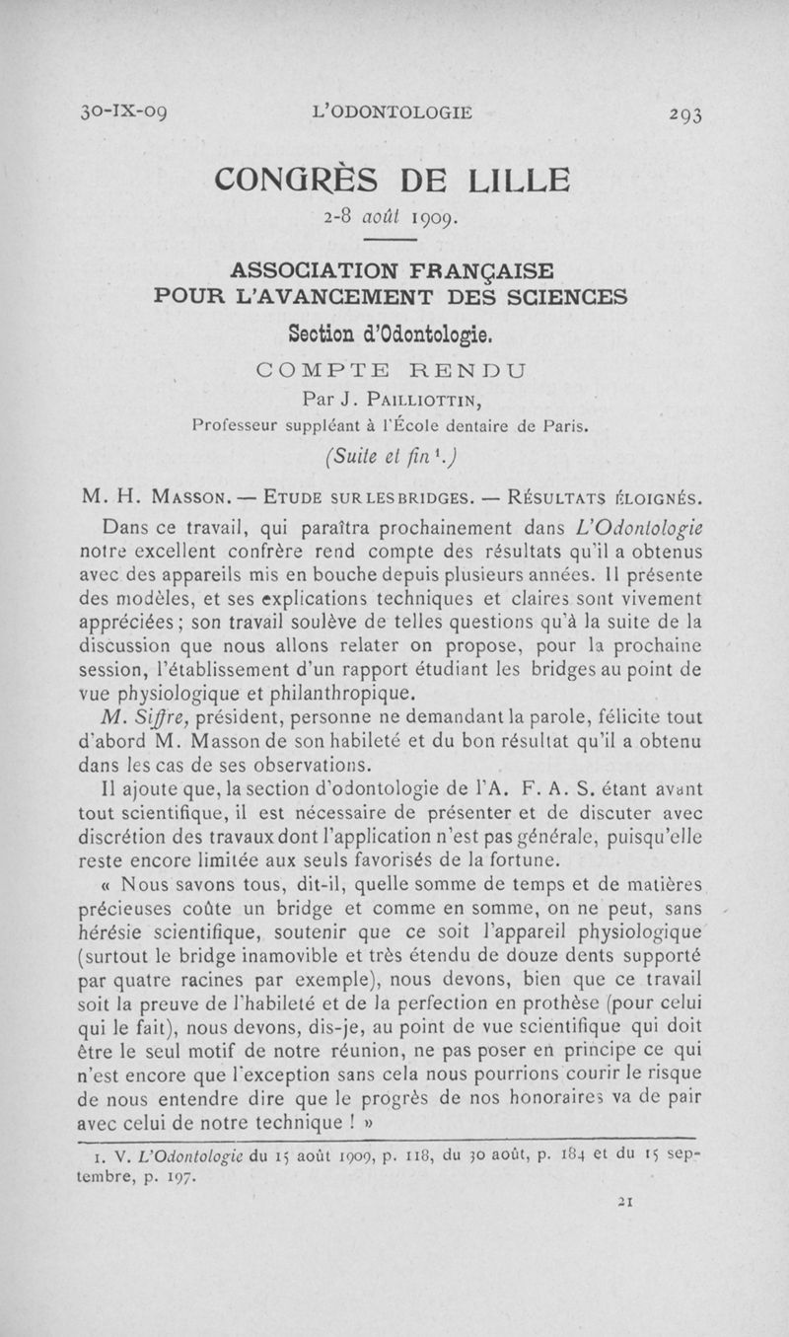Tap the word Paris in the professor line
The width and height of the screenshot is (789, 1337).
[563, 427]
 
